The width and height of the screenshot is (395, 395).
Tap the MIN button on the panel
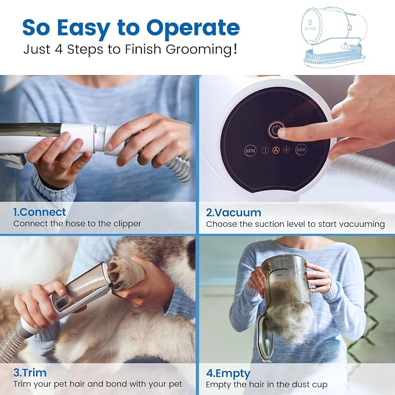point(250,151)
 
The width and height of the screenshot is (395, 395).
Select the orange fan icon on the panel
point(276,150)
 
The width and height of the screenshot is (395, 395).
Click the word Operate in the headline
point(193,28)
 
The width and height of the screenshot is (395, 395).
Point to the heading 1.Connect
point(40,212)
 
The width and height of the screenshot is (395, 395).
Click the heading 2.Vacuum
point(233,213)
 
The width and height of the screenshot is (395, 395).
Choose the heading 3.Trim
point(30,372)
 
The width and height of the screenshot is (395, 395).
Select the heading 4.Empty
point(228,373)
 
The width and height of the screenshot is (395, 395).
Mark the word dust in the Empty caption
point(297,385)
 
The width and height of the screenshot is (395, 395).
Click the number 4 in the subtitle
point(59,49)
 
